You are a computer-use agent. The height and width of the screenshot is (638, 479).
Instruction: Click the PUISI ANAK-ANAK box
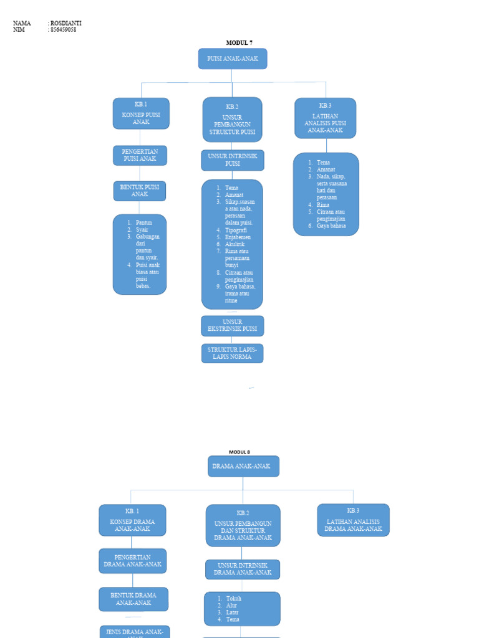tap(233, 59)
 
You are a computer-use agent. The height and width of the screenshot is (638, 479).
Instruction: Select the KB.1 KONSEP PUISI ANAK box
tap(141, 113)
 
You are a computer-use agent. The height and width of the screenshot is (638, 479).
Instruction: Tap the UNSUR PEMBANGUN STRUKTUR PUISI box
tap(232, 120)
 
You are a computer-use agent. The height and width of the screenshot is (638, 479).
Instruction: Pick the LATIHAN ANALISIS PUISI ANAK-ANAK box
tap(325, 118)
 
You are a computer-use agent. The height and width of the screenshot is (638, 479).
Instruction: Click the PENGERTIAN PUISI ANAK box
tap(140, 155)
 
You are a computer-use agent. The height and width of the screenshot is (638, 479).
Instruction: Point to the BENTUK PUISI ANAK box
tap(140, 191)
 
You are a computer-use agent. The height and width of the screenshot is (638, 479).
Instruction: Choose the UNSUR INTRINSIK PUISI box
tap(233, 160)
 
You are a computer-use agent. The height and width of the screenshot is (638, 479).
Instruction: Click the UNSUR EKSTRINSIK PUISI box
tap(232, 325)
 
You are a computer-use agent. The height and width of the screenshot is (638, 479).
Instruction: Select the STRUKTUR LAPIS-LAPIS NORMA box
tap(232, 353)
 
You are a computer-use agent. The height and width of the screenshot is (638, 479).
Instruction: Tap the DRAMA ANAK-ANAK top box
tap(243, 466)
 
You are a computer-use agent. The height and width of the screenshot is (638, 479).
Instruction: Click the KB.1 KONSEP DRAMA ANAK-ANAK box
tap(132, 520)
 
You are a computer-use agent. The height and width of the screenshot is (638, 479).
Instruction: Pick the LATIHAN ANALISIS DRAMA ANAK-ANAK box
tap(353, 520)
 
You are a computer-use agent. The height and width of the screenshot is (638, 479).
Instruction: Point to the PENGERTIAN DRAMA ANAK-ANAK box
tap(132, 561)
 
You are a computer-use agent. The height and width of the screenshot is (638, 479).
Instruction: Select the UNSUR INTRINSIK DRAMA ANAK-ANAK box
tap(243, 569)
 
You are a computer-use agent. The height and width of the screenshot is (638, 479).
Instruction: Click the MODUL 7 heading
tap(239, 43)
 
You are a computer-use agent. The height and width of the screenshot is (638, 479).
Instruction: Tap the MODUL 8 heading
tap(239, 452)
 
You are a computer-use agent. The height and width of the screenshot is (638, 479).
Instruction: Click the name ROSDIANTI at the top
tap(66, 24)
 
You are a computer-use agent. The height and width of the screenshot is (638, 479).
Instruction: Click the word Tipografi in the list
tap(236, 230)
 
